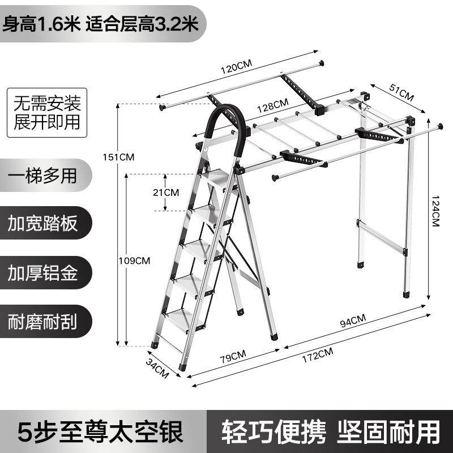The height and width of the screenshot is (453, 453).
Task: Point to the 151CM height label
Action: click(122, 157)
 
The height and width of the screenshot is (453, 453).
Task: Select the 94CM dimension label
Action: click(352, 322)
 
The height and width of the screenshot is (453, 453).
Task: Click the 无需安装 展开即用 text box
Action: click(48, 112)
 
